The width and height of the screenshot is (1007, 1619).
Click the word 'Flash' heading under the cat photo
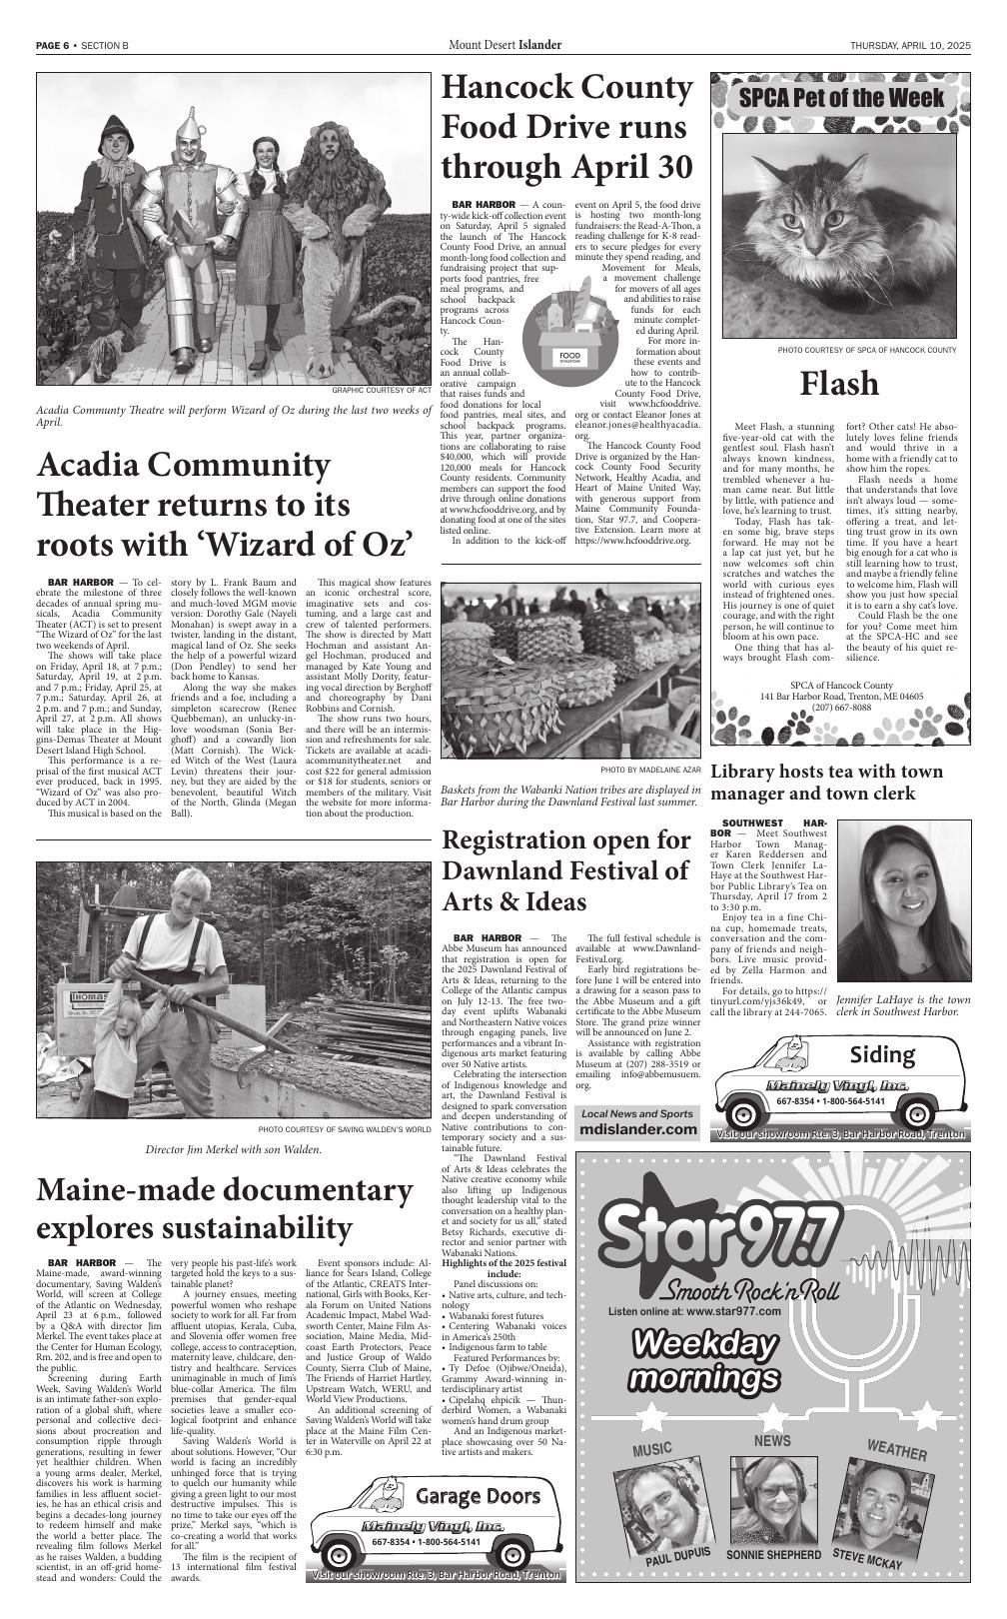click(839, 384)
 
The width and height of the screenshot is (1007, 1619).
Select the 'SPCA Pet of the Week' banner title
click(841, 98)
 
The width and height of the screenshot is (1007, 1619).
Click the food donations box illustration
click(567, 331)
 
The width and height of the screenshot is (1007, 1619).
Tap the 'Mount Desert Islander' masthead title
click(504, 45)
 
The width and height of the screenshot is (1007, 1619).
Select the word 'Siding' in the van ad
click(882, 1054)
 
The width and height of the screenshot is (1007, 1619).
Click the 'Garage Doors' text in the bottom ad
click(478, 1496)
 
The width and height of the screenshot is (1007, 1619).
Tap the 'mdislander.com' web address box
click(638, 1128)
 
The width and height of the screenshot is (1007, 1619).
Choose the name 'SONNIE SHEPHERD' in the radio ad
click(773, 1555)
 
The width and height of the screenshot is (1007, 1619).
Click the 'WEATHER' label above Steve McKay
click(896, 1450)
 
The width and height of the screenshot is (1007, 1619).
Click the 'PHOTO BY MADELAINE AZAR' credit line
click(651, 771)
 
